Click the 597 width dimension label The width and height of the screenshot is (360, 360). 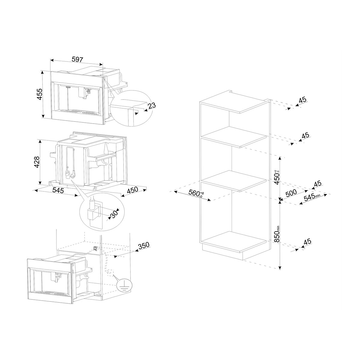(77, 59)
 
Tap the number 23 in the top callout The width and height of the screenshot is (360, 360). (152, 106)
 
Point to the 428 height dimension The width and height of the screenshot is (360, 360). (36, 162)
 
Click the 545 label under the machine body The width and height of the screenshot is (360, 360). (58, 190)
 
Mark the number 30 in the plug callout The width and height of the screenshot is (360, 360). (114, 214)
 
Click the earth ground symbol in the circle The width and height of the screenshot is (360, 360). (123, 286)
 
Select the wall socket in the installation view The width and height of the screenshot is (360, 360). (95, 248)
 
